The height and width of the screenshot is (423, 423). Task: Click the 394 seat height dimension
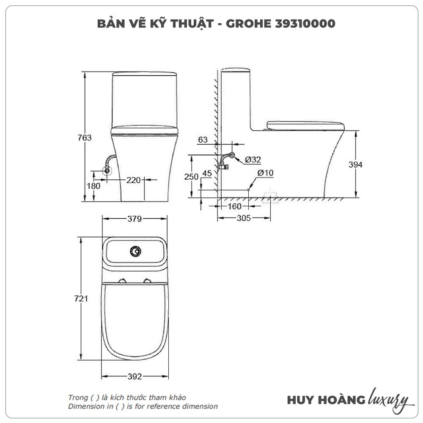[355, 165]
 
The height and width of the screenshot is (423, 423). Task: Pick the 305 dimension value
[244, 218]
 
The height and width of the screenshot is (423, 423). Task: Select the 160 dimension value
[233, 206]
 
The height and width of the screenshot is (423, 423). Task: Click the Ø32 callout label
[253, 159]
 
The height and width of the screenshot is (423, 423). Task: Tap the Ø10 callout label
[265, 173]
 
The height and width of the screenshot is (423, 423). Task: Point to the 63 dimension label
[203, 140]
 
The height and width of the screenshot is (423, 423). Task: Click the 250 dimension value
[191, 176]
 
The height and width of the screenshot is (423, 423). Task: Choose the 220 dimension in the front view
[133, 180]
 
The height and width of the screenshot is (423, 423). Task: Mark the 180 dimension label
[93, 186]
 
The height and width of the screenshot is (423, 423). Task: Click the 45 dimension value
[207, 173]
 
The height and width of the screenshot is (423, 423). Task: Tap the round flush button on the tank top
[135, 251]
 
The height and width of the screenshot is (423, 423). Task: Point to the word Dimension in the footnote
[85, 407]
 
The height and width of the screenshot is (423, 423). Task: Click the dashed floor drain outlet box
[271, 197]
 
